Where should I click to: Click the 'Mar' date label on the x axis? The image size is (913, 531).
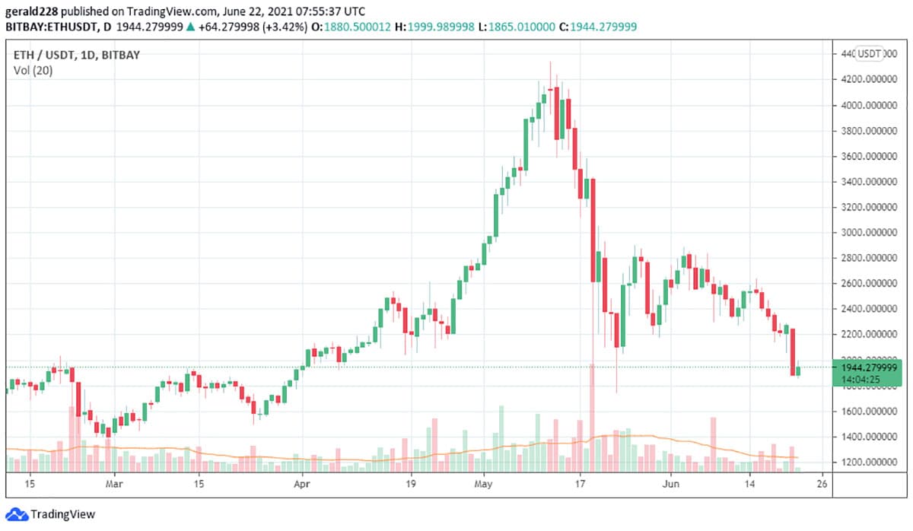pos(114,482)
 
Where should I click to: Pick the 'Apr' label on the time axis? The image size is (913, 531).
pos(303,482)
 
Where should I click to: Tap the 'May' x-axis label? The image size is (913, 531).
pos(484,482)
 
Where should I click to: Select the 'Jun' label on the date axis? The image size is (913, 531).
pos(670,482)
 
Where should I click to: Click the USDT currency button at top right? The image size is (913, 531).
pos(870,53)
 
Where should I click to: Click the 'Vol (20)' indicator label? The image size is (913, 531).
pos(33,71)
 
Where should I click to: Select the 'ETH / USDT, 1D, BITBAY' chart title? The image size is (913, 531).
pos(77,55)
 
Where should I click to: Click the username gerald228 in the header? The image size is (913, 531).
pos(32,11)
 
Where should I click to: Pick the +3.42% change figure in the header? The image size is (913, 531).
pos(291,27)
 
